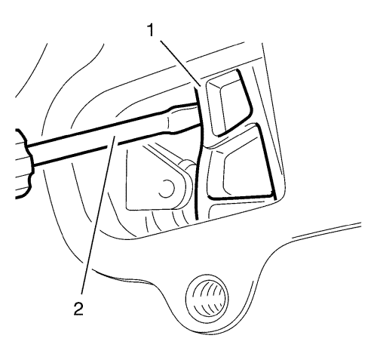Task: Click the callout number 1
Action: [151, 30]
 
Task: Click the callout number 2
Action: [78, 308]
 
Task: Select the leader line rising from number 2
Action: [98, 214]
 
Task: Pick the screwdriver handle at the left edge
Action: [23, 164]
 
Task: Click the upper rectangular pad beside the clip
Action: [228, 103]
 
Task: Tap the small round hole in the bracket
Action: [167, 188]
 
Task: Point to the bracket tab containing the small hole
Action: [157, 181]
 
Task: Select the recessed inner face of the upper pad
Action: [232, 106]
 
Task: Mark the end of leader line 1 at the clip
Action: [201, 86]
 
